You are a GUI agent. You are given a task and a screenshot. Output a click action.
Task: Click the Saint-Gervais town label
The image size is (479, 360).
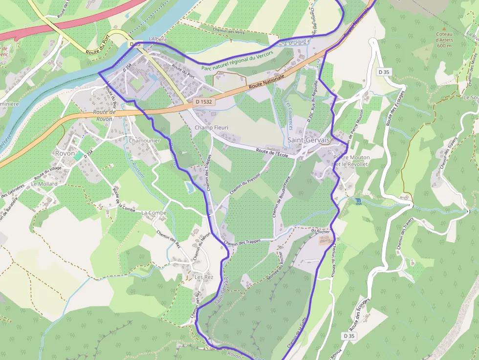pyautogui.click(x=308, y=140)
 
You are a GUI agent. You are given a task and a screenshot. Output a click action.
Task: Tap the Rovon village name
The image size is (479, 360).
pyautogui.click(x=65, y=153)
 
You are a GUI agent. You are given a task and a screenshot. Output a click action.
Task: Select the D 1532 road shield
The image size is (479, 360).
pyautogui.click(x=203, y=102)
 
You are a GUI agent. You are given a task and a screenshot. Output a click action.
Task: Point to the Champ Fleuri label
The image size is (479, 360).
pyautogui.click(x=212, y=127)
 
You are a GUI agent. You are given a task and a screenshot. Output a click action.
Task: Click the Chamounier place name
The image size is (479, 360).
pyautogui.click(x=144, y=140)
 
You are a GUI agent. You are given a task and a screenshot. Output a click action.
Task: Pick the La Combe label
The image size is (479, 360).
pyautogui.click(x=154, y=213)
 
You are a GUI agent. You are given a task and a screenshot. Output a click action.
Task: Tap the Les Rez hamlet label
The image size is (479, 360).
pyautogui.click(x=204, y=277)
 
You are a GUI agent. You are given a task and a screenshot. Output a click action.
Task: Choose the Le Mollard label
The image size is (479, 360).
pyautogui.click(x=44, y=184)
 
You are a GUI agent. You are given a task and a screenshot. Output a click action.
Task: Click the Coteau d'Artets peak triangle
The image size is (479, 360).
pyautogui.click(x=444, y=28)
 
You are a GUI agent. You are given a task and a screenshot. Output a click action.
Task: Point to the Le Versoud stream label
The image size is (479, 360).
pyautogui.click(x=294, y=42)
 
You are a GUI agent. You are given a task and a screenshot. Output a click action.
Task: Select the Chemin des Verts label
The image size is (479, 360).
pyautogui.click(x=228, y=30)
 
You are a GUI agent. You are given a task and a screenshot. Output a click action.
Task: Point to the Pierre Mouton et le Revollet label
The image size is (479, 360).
pyautogui.click(x=351, y=161)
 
